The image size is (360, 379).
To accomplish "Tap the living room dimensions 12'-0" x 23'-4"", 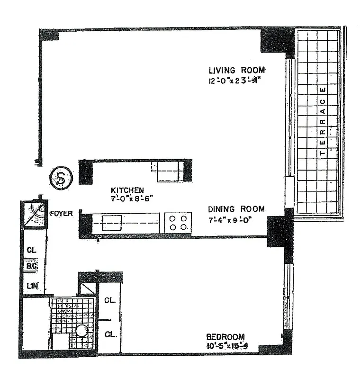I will tap(234, 80).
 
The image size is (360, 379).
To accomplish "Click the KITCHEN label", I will tap(127, 190).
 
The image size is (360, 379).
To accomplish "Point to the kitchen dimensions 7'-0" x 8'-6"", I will tap(127, 199).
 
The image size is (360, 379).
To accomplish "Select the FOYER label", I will tap(62, 214).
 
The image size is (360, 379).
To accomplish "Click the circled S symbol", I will tap(60, 177).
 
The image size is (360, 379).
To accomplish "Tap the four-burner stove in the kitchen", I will tap(178, 222).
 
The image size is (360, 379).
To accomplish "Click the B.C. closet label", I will tap(32, 267).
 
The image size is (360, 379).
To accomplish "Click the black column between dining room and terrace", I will tap(277, 232).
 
